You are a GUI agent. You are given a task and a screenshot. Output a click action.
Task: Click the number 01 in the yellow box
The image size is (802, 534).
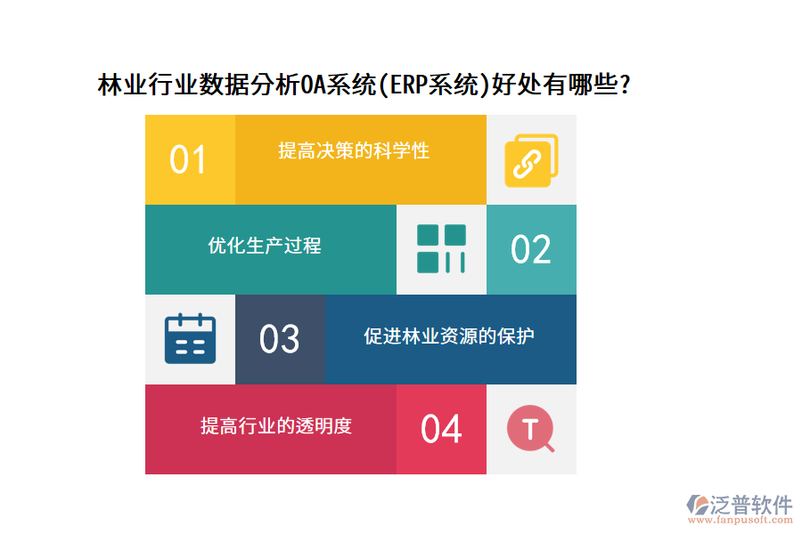188,160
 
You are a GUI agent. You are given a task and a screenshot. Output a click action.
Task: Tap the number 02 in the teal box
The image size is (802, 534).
530,250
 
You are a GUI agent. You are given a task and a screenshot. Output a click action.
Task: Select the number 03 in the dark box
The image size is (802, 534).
279,339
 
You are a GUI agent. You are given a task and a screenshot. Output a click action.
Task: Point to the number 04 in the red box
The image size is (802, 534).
441,429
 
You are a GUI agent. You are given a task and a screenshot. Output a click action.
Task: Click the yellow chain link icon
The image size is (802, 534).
530,160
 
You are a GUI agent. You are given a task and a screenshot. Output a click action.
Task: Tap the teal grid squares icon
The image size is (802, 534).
441,248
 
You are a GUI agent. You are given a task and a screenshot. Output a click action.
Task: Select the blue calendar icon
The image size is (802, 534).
190,338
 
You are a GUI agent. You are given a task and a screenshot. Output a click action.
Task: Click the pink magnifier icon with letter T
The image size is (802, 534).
530,430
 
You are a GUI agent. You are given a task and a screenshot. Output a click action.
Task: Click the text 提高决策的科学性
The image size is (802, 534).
354,150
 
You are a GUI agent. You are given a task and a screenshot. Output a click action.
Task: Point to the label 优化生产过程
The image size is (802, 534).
265,246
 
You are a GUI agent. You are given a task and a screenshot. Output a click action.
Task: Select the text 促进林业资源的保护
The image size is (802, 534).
449,336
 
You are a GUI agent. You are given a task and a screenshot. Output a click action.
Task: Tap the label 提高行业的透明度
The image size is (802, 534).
276,425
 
